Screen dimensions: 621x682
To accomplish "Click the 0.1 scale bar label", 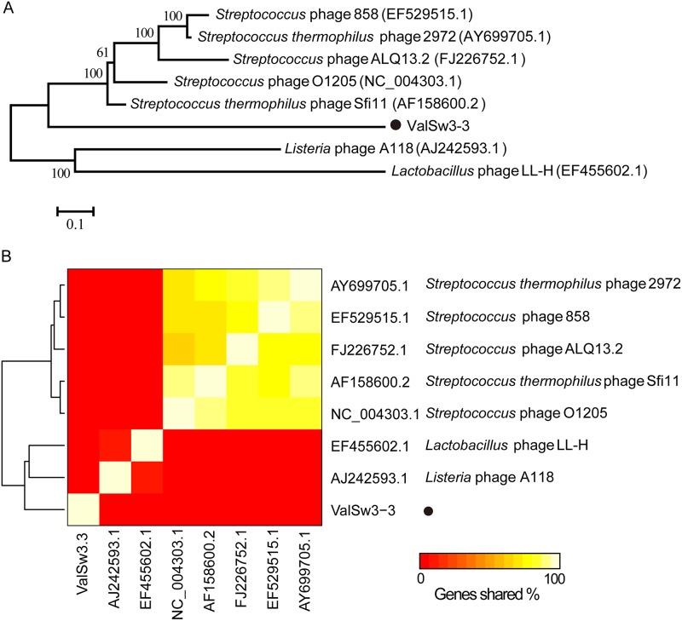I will tap(74, 225).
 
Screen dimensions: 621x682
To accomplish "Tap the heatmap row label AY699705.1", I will tap(363, 284).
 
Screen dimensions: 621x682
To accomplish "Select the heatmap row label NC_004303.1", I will tap(363, 414).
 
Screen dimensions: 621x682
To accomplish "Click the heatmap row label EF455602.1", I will tap(363, 446).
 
